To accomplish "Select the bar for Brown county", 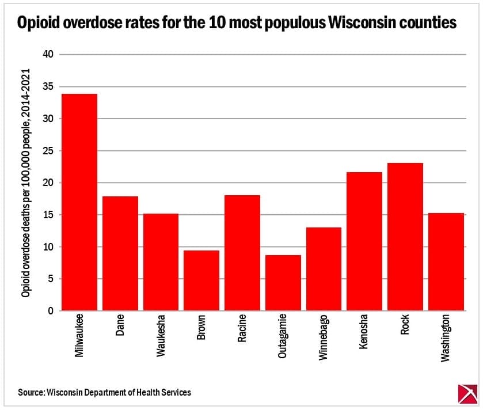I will [201, 281].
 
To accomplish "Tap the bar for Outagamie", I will [283, 283].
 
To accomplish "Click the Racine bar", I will [242, 253].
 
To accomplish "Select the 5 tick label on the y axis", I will [50, 279].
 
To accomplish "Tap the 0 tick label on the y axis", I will [50, 312].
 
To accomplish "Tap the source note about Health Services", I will [104, 392].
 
